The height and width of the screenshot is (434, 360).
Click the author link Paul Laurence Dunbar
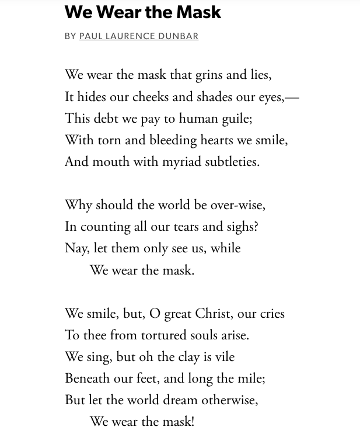[139, 36]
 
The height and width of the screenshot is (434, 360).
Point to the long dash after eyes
[292, 98]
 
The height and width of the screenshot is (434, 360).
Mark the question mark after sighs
[256, 227]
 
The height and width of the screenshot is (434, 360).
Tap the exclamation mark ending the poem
[193, 422]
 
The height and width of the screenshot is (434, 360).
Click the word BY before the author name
[71, 36]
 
